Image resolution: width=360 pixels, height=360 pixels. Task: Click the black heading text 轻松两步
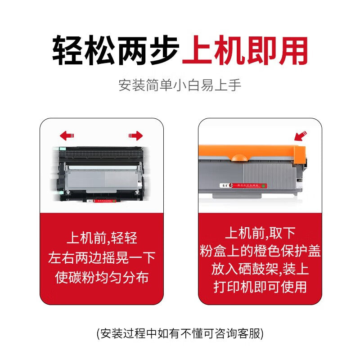point(116,49)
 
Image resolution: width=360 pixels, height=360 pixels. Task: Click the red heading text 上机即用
point(245,49)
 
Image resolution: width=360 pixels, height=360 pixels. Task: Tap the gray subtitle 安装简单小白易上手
point(180,85)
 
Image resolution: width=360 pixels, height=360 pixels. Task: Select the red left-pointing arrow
point(67,135)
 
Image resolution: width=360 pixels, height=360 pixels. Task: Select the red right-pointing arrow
point(135,135)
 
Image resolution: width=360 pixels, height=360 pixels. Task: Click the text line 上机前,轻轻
point(102,238)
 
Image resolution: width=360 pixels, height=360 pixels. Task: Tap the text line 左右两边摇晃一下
point(102,257)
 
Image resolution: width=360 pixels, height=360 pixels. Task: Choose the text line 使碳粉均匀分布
point(102,277)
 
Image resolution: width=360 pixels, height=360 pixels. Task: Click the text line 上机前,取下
point(260,233)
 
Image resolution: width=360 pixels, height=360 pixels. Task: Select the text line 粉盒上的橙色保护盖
point(260,251)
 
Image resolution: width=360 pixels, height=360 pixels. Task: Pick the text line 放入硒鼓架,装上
point(260,269)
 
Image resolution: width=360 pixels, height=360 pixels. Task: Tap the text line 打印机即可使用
point(260,287)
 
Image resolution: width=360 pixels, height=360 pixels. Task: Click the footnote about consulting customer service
point(180,333)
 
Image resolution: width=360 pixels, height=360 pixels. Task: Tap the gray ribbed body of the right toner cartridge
point(270,173)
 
